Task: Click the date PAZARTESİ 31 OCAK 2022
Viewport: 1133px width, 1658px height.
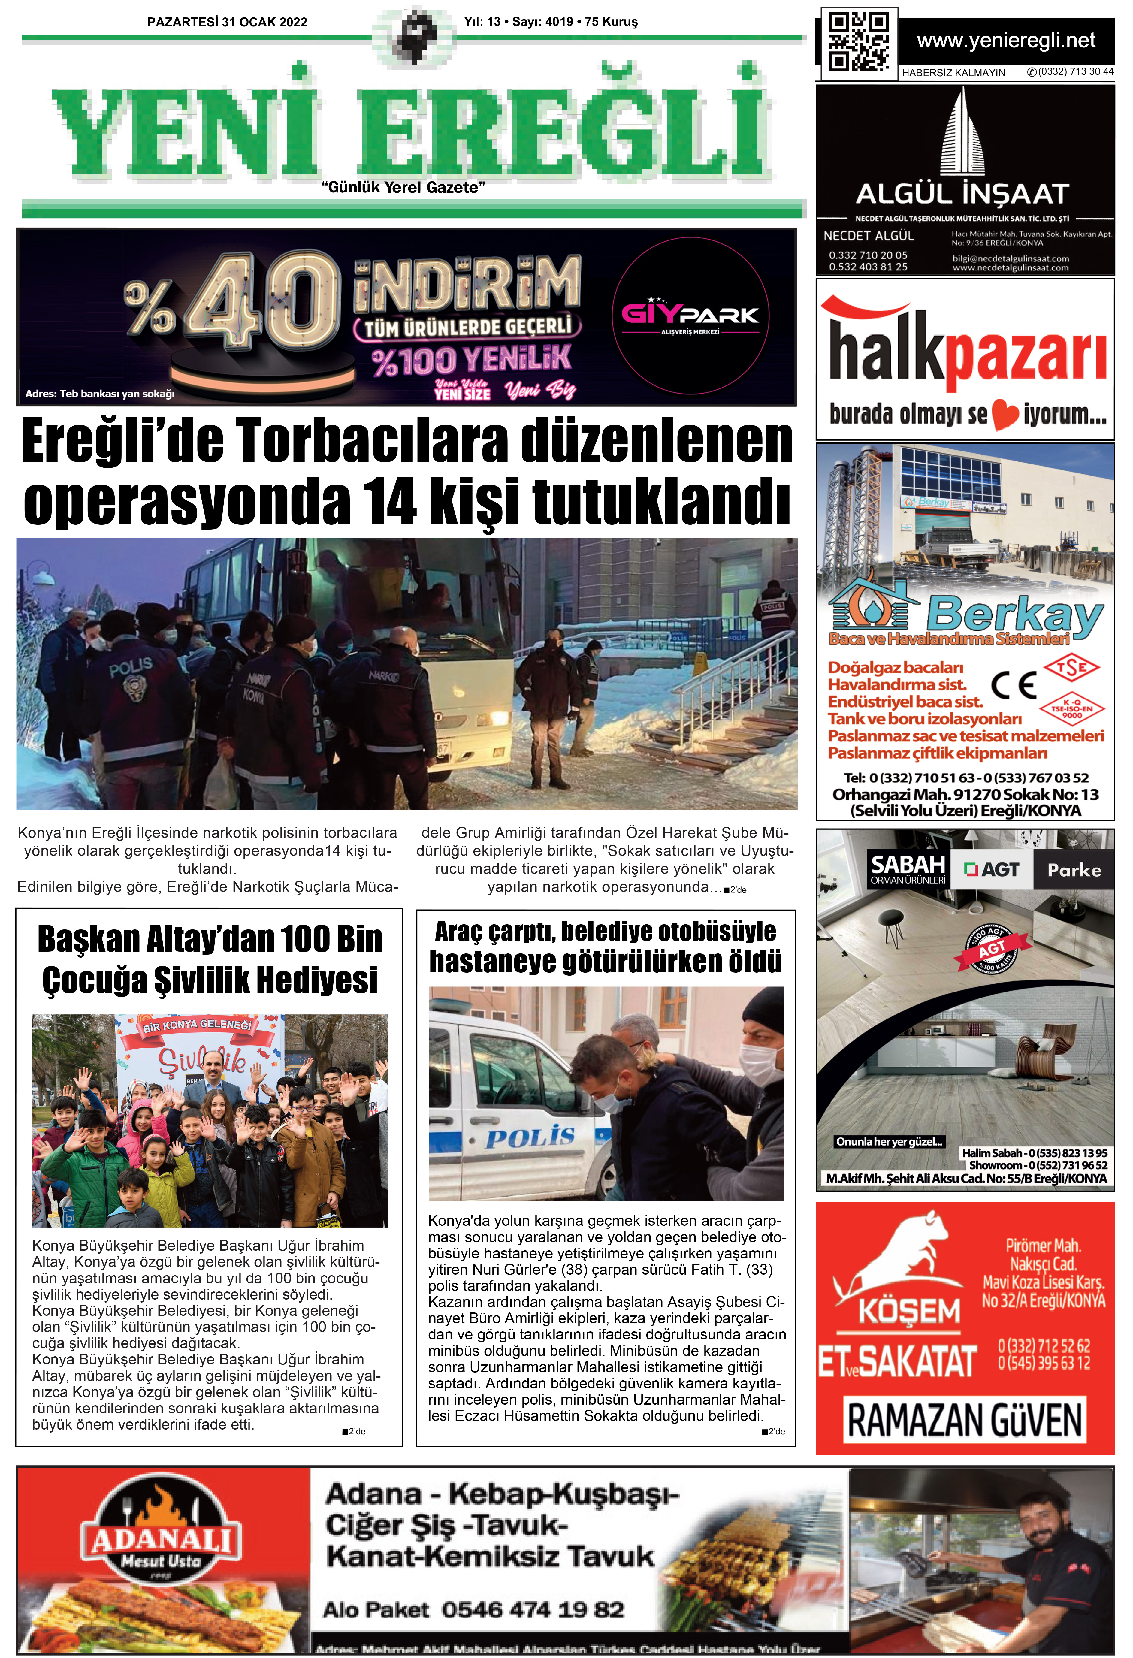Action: pos(227,22)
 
